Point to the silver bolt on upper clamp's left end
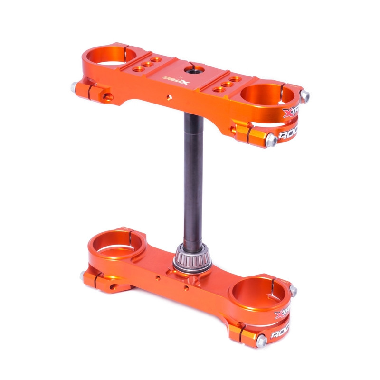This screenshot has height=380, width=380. tap(75, 87)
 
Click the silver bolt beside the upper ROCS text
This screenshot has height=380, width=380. tap(271, 139)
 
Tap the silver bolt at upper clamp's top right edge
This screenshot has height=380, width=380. tap(304, 96)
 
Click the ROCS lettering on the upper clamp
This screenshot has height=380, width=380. tap(291, 134)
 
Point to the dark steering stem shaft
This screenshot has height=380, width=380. tap(194, 180)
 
